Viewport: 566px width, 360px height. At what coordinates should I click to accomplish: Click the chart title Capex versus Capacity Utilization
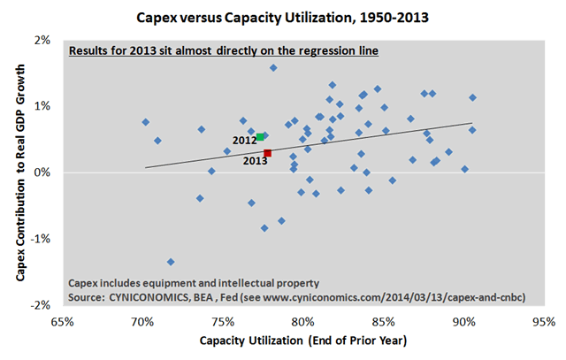coord(283,15)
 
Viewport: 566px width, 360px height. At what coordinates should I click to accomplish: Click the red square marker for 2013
coord(268,153)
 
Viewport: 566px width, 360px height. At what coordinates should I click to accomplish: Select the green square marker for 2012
coord(260,137)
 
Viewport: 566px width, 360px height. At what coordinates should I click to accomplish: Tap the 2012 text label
coord(244,140)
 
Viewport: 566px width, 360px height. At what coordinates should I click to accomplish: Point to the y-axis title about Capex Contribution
coord(20,173)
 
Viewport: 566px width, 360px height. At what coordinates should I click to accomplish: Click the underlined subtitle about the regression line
coord(225,51)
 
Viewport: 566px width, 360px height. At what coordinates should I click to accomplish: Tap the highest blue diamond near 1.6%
coord(273,68)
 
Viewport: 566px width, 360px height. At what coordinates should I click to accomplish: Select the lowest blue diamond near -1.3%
coord(171,262)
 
